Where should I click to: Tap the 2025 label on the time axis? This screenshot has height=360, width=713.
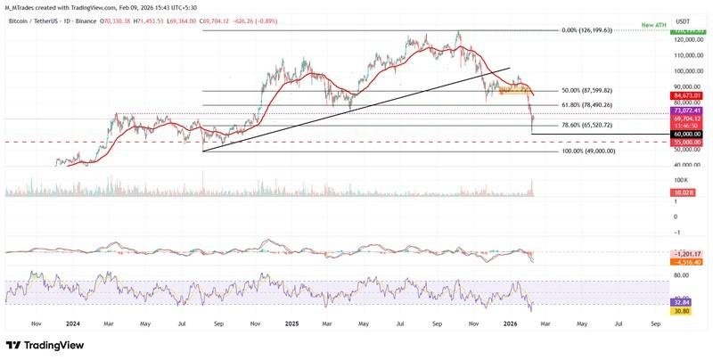[x=291, y=324]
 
